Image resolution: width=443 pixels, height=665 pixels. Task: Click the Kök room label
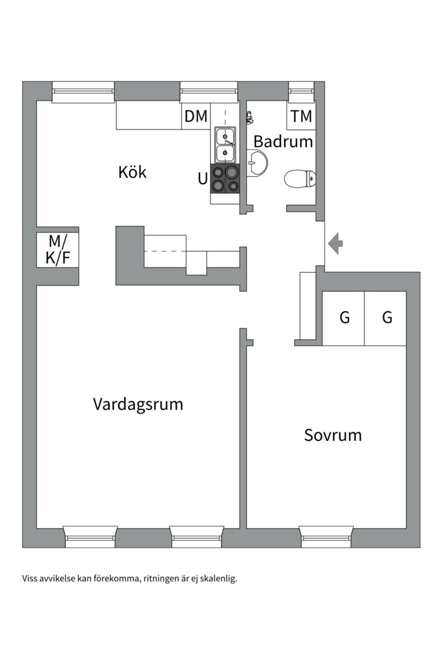click(132, 172)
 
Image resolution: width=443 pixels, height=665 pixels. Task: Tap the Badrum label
click(283, 142)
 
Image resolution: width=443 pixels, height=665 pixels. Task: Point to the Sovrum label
click(333, 435)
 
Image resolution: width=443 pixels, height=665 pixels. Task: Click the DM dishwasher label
click(196, 116)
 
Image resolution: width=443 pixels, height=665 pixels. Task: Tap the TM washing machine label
click(301, 116)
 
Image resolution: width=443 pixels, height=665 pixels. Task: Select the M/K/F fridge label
click(58, 249)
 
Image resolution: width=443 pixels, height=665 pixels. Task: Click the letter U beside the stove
click(202, 179)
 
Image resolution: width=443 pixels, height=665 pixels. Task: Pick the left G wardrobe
click(344, 318)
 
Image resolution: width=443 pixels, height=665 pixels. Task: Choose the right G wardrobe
click(386, 318)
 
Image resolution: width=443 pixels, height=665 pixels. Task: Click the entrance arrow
click(335, 244)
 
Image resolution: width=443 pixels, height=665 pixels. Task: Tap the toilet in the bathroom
click(300, 179)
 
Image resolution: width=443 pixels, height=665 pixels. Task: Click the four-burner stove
click(225, 179)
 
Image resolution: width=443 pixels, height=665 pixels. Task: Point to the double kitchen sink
click(225, 144)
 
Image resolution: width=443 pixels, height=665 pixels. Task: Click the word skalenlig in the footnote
click(217, 579)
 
